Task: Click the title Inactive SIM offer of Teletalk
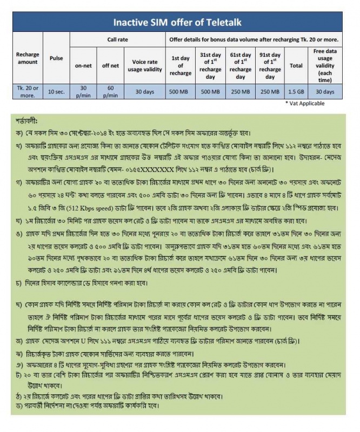pyautogui.click(x=180, y=23)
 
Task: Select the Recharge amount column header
pyautogui.click(x=28, y=58)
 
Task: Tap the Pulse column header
pyautogui.click(x=56, y=58)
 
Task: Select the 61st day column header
pyautogui.click(x=240, y=65)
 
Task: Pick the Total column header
pyautogui.click(x=296, y=65)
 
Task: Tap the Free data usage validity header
pyautogui.click(x=326, y=65)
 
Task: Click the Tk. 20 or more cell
pyautogui.click(x=28, y=92)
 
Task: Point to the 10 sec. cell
pyautogui.click(x=56, y=92)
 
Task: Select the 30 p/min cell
pyautogui.click(x=83, y=92)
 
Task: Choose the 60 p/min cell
pyautogui.click(x=110, y=92)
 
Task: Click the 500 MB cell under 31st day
pyautogui.click(x=210, y=92)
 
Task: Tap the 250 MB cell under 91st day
pyautogui.click(x=270, y=92)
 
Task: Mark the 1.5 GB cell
pyautogui.click(x=296, y=92)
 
